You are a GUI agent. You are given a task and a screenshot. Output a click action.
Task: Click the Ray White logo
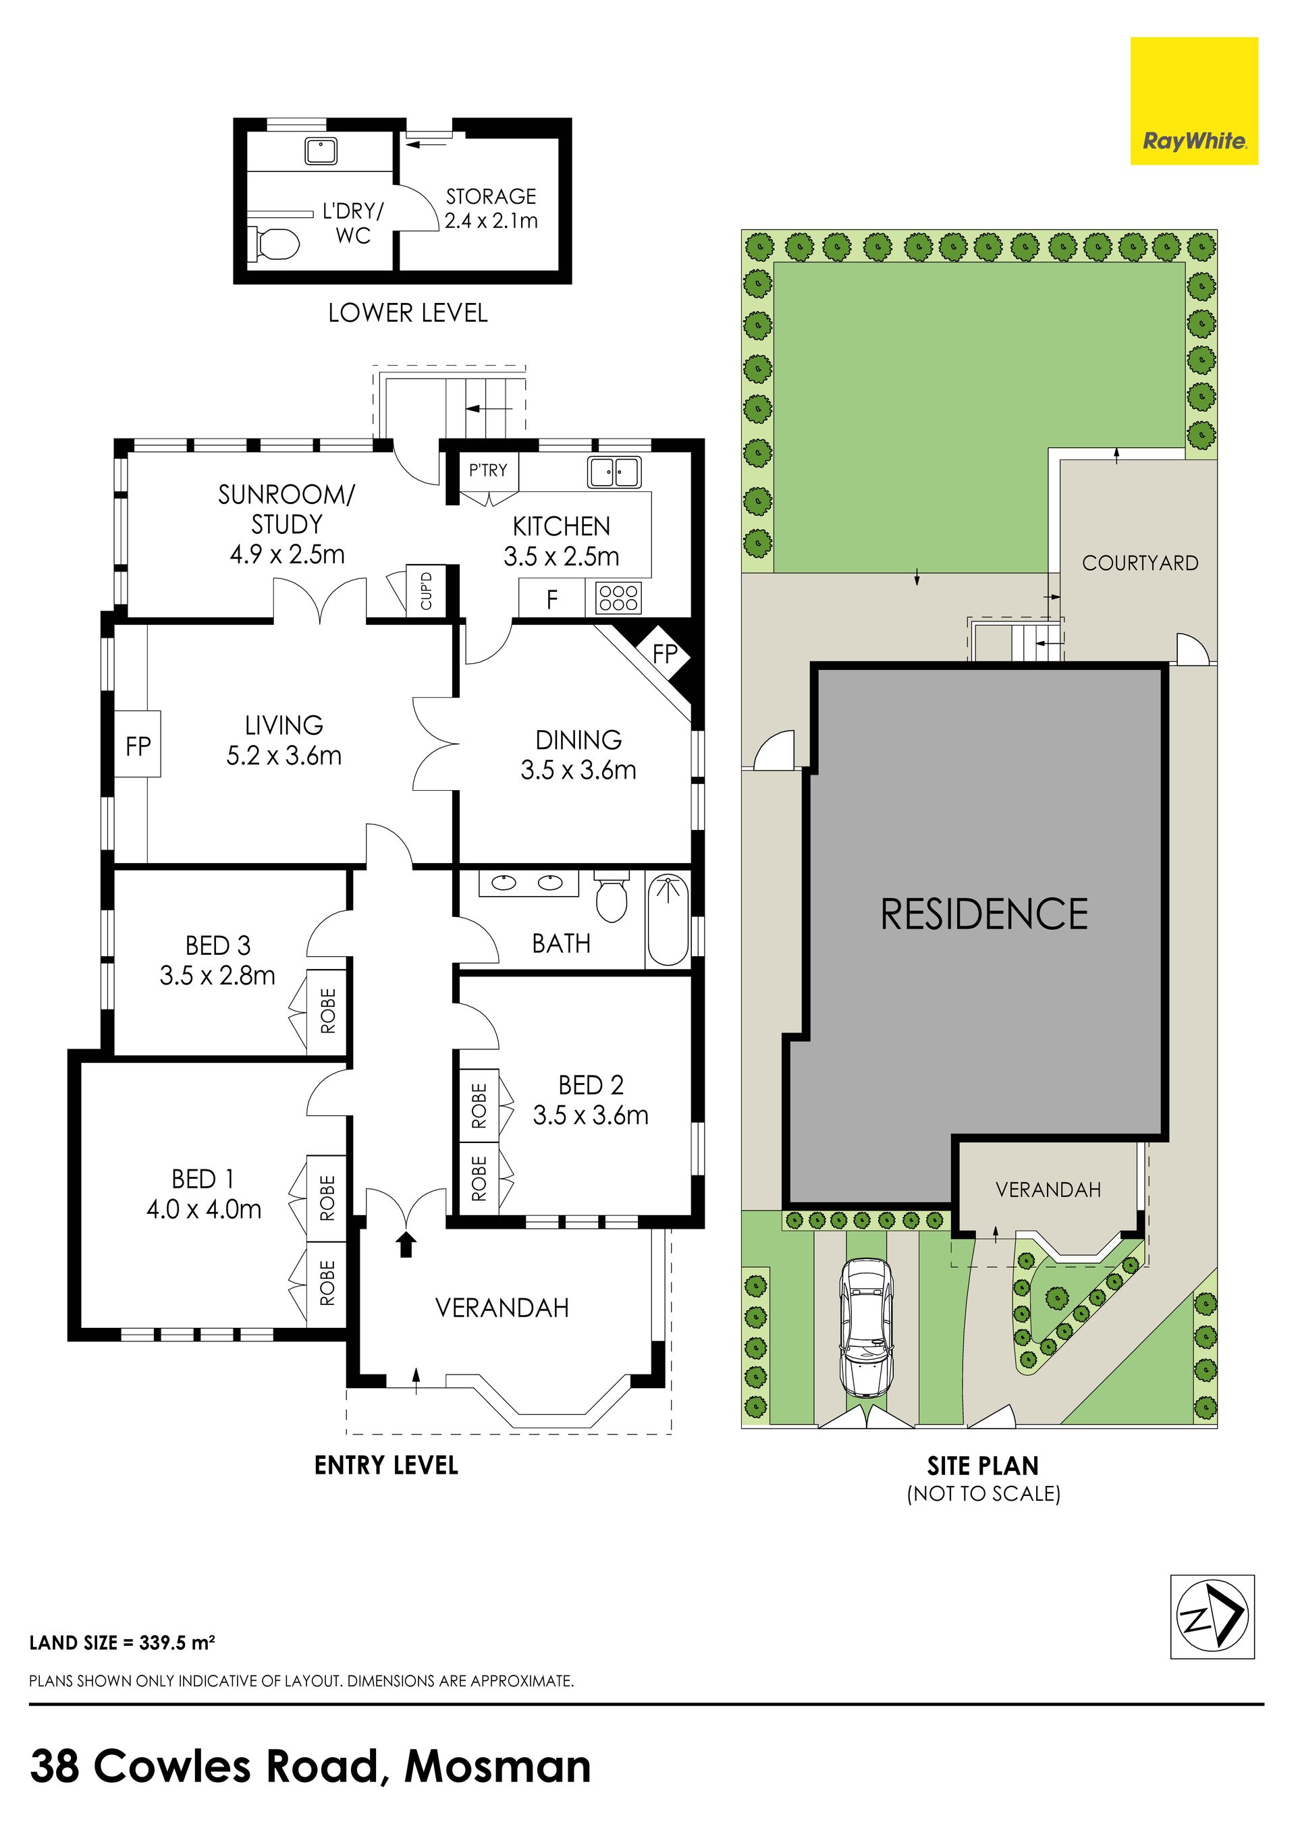point(1194,101)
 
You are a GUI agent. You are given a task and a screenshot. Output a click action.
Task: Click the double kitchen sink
point(614,472)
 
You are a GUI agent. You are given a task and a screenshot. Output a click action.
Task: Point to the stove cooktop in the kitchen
point(618,598)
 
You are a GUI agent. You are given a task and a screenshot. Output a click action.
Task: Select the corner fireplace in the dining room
point(664,652)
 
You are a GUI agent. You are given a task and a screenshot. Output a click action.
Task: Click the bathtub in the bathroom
point(668,921)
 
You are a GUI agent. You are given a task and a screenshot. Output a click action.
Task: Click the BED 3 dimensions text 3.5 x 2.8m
point(217,975)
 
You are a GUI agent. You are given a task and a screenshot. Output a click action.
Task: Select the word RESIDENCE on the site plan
point(984,914)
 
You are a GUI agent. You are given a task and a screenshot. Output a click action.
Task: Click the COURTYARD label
point(1139,563)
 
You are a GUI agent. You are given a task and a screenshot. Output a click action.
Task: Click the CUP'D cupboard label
point(426,590)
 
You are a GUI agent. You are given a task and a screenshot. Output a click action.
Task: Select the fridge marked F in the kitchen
point(551,599)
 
